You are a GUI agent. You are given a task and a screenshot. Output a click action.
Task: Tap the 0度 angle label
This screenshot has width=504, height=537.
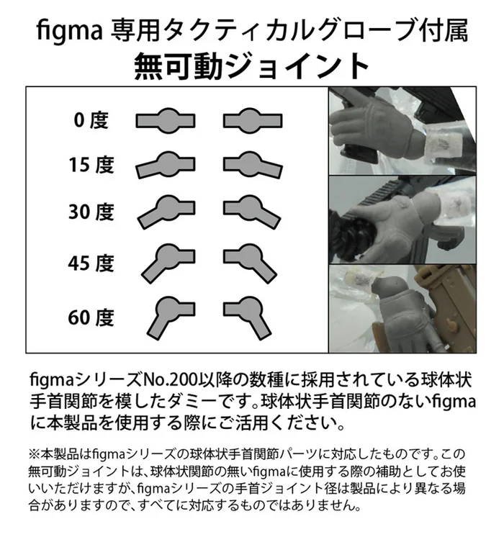pos(91,120)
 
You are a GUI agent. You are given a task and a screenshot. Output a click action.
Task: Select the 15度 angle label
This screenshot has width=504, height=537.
pos(91,166)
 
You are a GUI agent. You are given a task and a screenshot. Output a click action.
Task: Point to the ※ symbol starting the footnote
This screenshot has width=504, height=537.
pos(35,455)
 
